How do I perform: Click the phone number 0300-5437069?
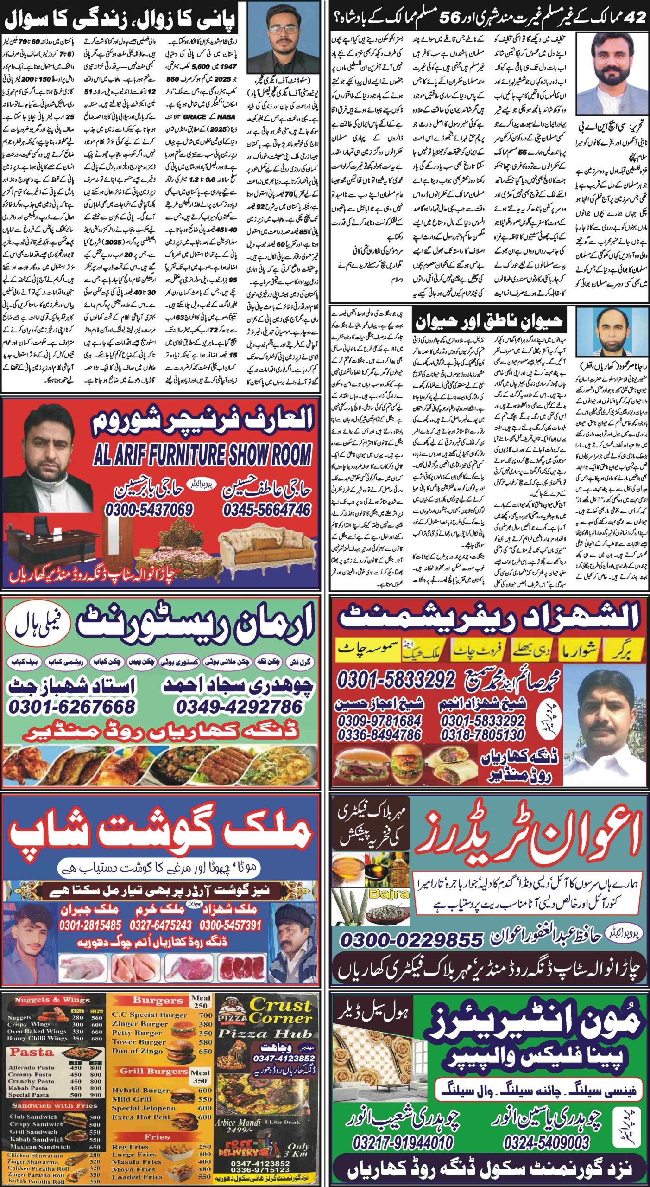[x=149, y=510]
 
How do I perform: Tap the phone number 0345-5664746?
[x=267, y=510]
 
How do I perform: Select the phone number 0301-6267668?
[x=71, y=707]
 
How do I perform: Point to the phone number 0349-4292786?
[x=239, y=707]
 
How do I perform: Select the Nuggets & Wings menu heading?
[x=52, y=1000]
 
